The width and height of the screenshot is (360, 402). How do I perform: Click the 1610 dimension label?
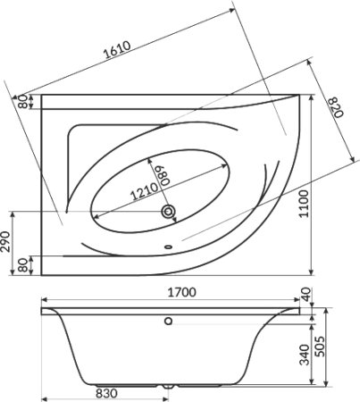(117, 49)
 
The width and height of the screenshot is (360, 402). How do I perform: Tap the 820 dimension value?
(336, 107)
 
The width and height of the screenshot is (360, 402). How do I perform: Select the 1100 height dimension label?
(304, 204)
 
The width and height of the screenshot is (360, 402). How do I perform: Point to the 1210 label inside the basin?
(144, 191)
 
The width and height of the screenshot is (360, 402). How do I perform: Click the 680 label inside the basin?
(165, 175)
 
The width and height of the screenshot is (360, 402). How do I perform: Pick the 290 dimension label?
(5, 241)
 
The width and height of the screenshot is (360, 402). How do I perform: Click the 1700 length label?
(182, 292)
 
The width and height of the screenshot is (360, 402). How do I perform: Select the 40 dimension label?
(306, 294)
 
